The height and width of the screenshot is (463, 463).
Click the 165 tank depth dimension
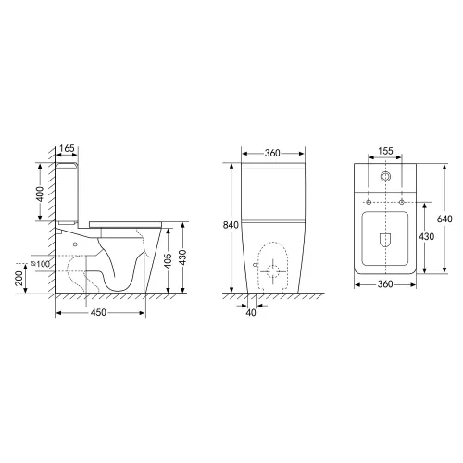[x=67, y=149]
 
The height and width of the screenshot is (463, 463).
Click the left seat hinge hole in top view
[x=369, y=201]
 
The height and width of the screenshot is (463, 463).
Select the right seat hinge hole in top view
[x=402, y=201]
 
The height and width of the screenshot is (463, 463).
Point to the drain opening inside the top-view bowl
[x=385, y=242]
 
